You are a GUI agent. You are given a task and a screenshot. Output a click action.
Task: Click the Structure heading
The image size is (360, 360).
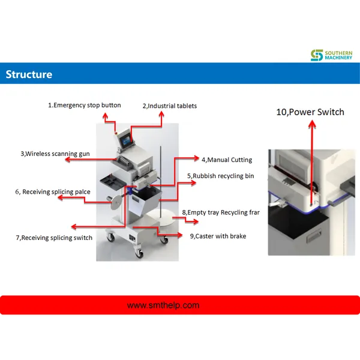pos(29,75)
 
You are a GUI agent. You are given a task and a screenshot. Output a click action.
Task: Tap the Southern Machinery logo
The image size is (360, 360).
pos(331,55)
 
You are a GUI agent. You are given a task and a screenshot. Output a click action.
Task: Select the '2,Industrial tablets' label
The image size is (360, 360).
pos(170,106)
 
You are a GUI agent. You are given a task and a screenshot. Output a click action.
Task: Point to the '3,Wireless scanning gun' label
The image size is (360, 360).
pos(55,154)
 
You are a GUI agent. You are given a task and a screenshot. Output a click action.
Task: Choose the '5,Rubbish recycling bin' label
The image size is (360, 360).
pos(221,176)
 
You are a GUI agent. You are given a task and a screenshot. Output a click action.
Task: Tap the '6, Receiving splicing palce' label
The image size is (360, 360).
pos(53,192)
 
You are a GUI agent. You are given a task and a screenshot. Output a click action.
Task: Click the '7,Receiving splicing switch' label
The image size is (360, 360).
pos(54,238)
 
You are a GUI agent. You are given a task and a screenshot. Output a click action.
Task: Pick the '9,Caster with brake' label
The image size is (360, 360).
pos(218,236)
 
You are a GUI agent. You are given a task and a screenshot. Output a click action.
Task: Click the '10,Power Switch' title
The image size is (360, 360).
pos(310,112)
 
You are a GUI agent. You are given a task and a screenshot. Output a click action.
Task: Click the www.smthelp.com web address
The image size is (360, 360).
pos(163,305)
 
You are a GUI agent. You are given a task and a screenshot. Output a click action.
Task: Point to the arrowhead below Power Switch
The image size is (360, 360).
pos(311,123)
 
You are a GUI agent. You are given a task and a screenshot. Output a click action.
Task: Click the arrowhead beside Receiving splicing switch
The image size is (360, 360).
pos(73,226)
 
